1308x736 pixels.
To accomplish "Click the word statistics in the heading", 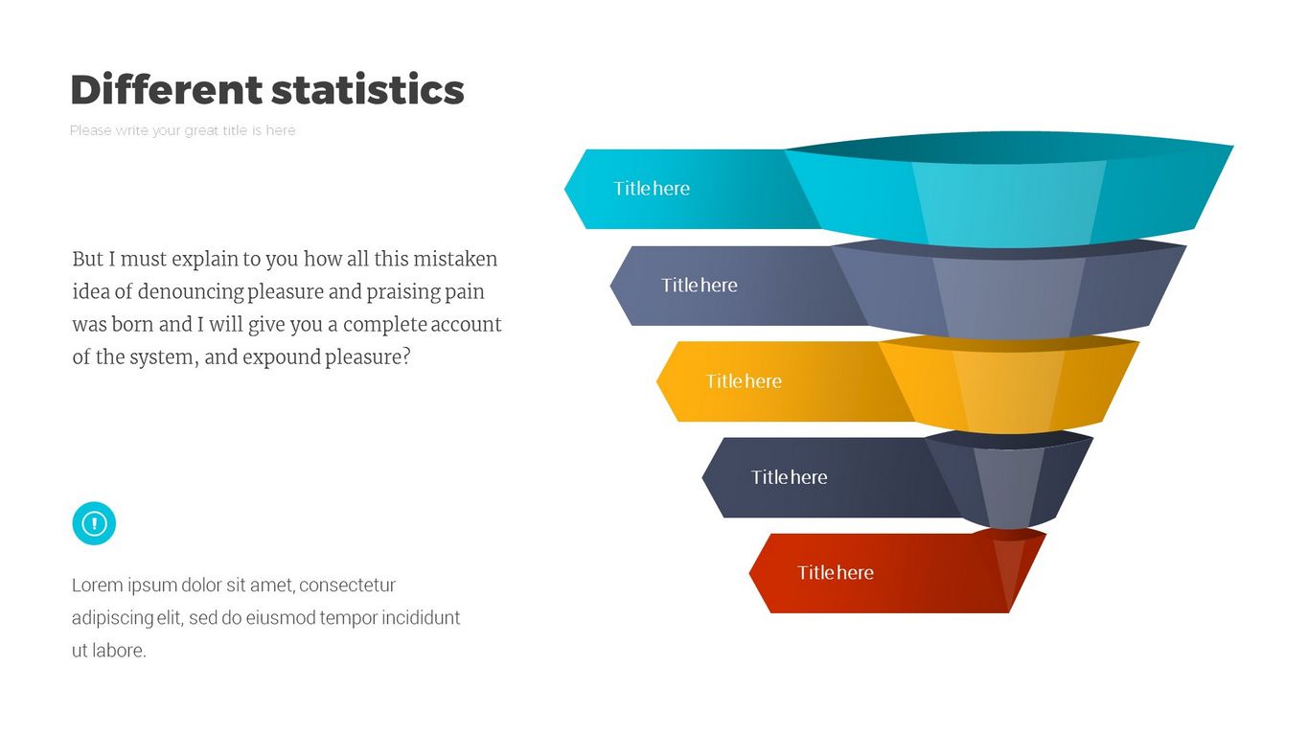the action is click(x=368, y=90).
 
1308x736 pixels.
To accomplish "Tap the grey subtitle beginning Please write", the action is click(x=183, y=130).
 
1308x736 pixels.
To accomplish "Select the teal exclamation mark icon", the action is click(x=94, y=523).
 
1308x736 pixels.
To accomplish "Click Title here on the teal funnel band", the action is click(x=651, y=189).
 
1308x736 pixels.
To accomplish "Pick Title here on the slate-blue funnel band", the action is click(x=699, y=285).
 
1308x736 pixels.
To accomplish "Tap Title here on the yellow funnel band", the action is click(x=744, y=381).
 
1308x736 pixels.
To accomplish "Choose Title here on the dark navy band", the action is click(x=789, y=477).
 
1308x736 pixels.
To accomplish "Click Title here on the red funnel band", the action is click(x=836, y=573).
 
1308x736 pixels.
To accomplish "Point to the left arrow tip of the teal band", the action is click(x=564, y=189).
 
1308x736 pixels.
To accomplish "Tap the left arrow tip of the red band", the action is click(x=749, y=573).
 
